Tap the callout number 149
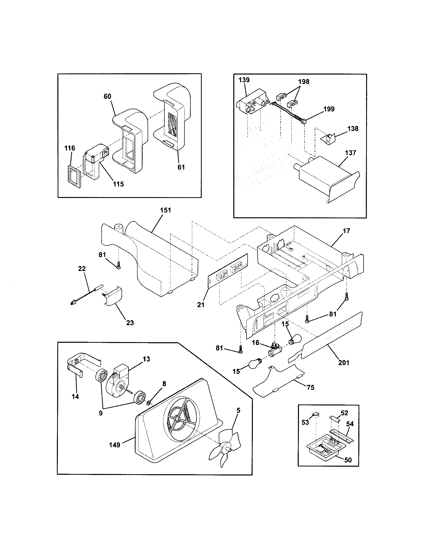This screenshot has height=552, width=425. click(x=115, y=445)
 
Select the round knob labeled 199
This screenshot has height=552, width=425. click(x=304, y=122)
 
